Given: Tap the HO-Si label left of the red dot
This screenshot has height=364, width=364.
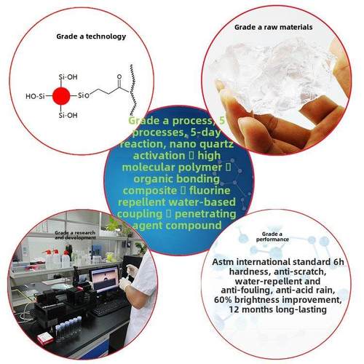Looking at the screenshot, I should (x=40, y=95).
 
